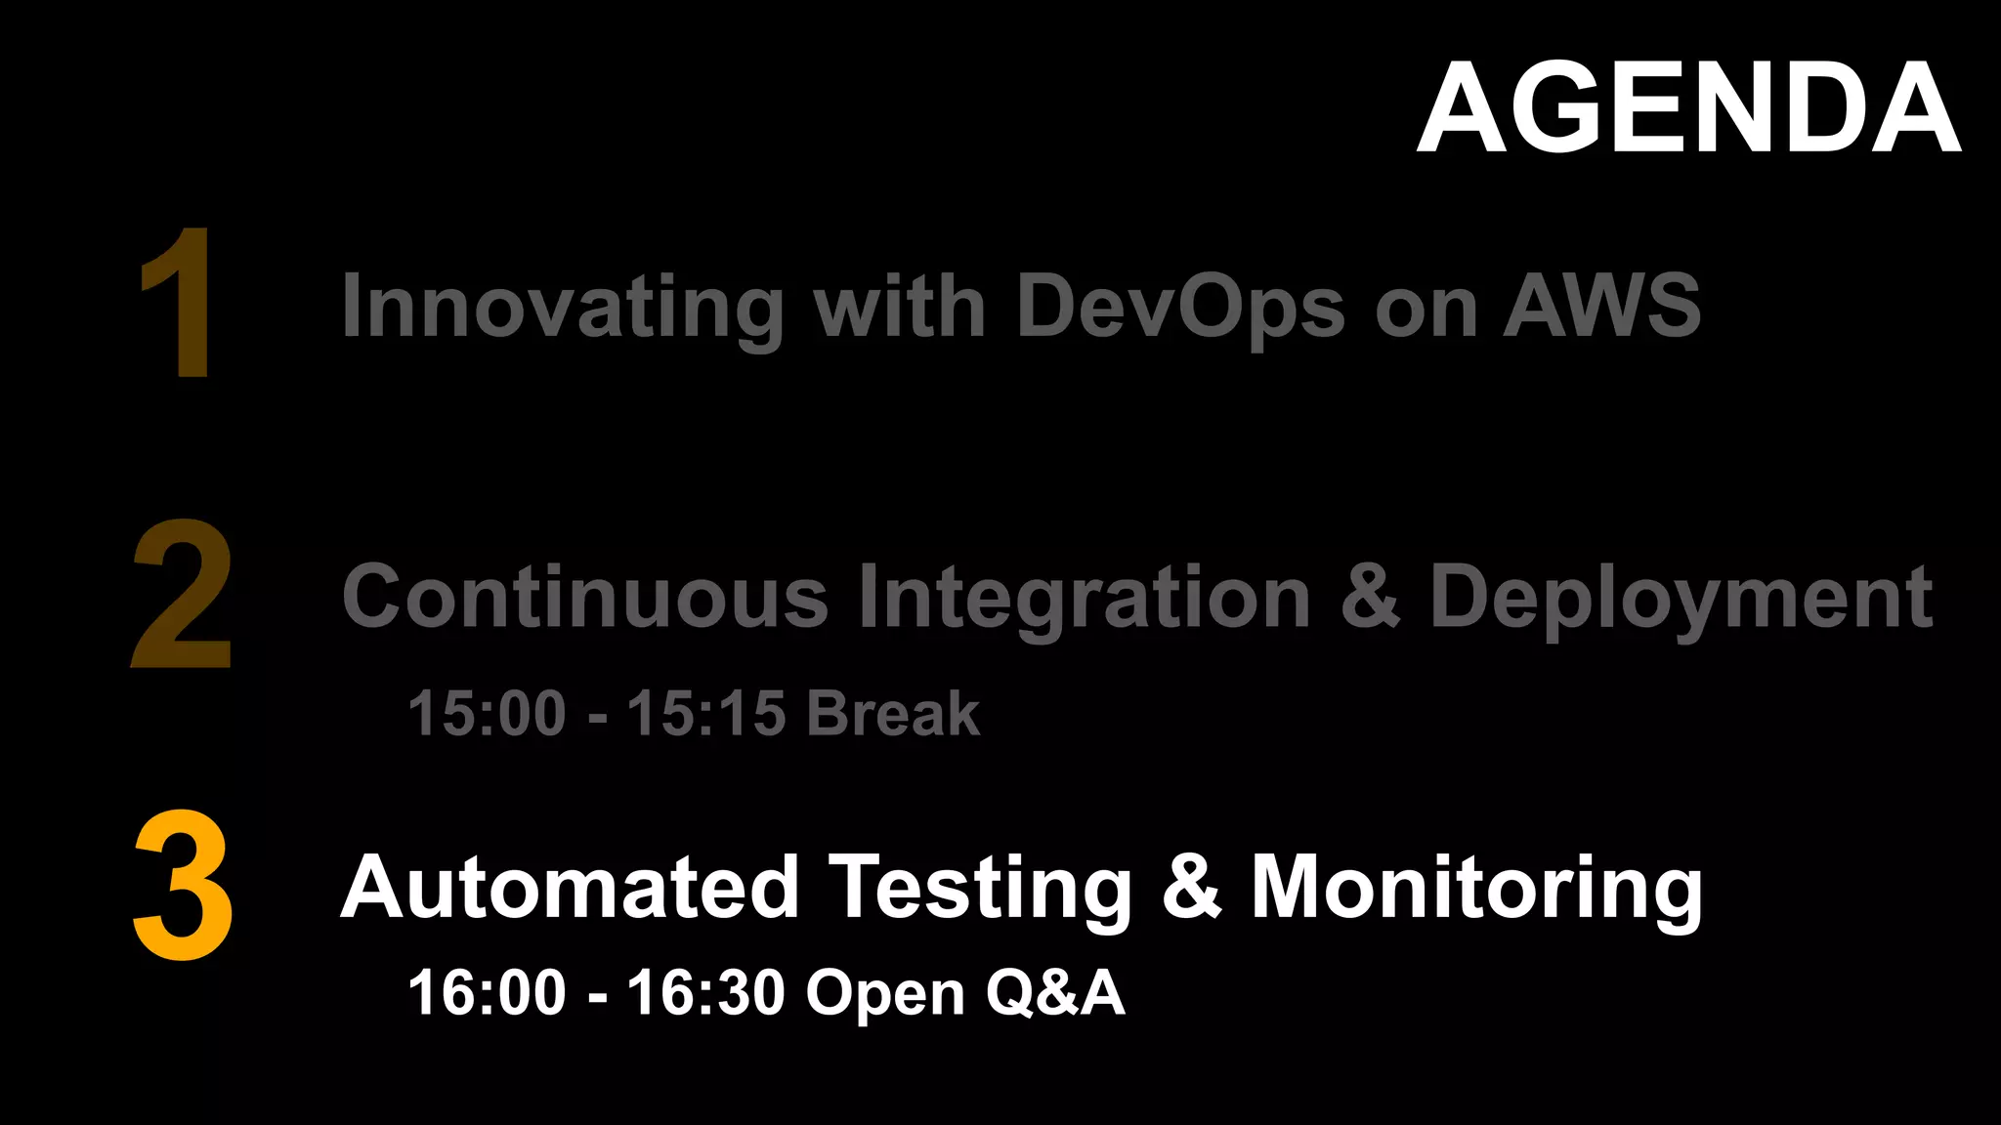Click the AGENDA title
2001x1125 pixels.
pyautogui.click(x=1688, y=107)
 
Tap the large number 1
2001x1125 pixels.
pyautogui.click(x=179, y=303)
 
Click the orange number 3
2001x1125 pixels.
pyautogui.click(x=183, y=885)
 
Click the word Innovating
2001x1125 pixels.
pyautogui.click(x=562, y=307)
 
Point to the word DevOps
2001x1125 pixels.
pyautogui.click(x=1180, y=307)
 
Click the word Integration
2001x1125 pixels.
pyautogui.click(x=1084, y=598)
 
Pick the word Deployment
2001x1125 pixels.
pyautogui.click(x=1681, y=598)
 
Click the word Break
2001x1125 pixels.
pyautogui.click(x=893, y=713)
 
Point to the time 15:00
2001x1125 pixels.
pyautogui.click(x=487, y=713)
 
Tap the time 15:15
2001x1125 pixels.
pyautogui.click(x=705, y=713)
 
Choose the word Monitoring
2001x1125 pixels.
pyautogui.click(x=1476, y=889)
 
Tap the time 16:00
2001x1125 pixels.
pyautogui.click(x=487, y=993)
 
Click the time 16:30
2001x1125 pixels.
pyautogui.click(x=705, y=993)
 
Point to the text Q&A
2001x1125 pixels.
pyautogui.click(x=1055, y=993)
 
